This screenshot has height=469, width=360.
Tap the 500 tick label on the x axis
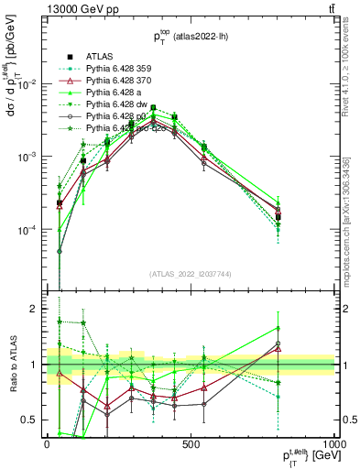191,444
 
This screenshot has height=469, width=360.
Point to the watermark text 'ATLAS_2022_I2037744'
191,275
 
